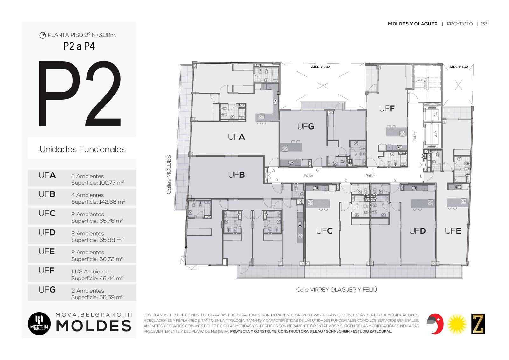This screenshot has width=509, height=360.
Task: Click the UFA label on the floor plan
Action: coord(236,137)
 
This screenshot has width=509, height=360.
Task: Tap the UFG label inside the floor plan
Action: coord(306,126)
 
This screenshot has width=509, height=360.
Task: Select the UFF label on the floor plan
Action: coord(387,109)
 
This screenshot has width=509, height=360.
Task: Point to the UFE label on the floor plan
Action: coord(453,231)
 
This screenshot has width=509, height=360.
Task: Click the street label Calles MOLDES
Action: coord(169,175)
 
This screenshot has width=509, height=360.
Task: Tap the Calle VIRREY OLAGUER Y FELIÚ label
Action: coord(337,290)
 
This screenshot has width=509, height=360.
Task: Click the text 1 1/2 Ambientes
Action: coord(91,271)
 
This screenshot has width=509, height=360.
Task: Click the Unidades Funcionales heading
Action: coord(83,149)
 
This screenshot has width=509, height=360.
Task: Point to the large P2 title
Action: coord(80,94)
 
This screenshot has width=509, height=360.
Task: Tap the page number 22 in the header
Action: coord(484,24)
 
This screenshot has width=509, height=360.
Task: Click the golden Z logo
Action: coord(478,324)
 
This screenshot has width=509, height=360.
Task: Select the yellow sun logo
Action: coord(457,324)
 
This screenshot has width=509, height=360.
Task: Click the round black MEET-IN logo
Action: coord(39,324)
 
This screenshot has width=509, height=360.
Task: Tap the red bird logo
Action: coord(435,324)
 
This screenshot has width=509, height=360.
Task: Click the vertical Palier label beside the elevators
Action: coord(415,137)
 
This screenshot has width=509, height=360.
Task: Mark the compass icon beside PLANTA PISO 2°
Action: coord(43,35)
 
